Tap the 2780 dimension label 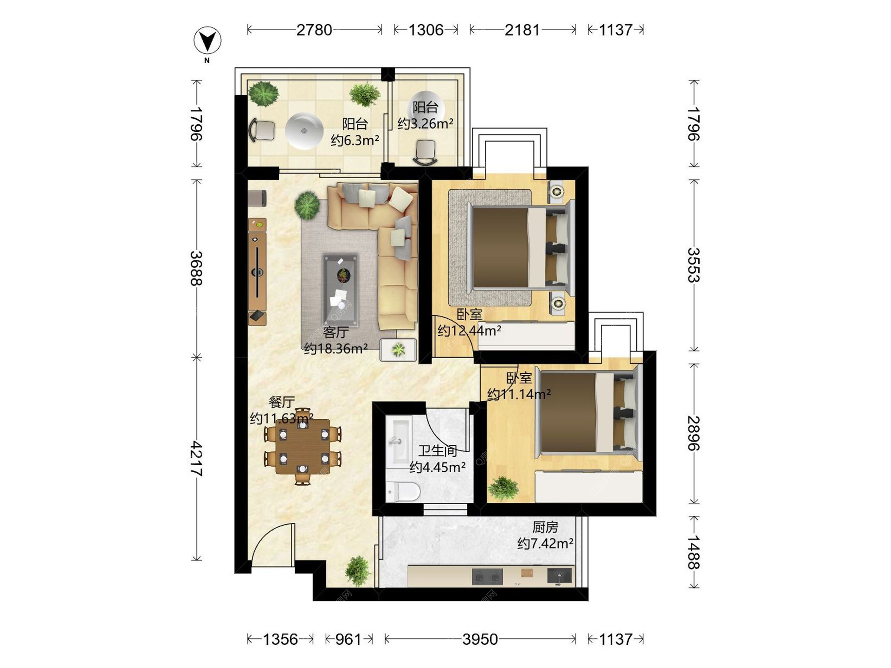tap(314, 30)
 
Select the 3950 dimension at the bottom tap(480, 639)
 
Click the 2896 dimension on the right tap(694, 433)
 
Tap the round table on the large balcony tap(304, 131)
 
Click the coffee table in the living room tap(341, 290)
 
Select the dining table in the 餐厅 tap(303, 447)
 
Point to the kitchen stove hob tap(487, 577)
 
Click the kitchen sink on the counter tap(560, 576)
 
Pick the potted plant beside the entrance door tap(358, 571)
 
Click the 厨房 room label tap(545, 527)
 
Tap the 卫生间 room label tap(438, 451)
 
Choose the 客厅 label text tap(336, 333)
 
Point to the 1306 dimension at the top tap(426, 30)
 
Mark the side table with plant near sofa tap(398, 350)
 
